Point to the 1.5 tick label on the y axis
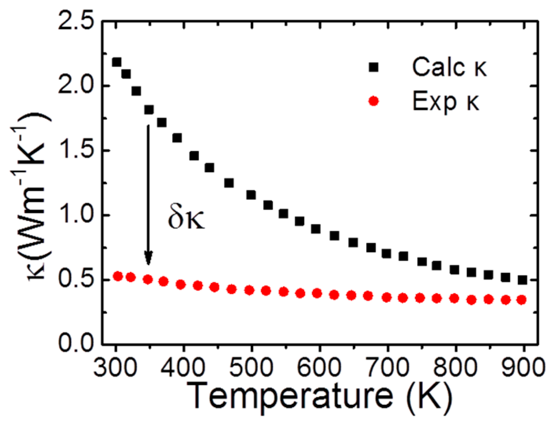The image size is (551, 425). pyautogui.click(x=76, y=150)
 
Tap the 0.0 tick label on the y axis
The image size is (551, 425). pyautogui.click(x=76, y=343)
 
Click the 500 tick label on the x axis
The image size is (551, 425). pyautogui.click(x=251, y=368)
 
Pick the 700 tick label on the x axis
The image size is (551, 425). pyautogui.click(x=387, y=368)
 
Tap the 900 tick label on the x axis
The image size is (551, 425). pyautogui.click(x=522, y=368)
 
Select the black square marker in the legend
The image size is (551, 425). pyautogui.click(x=373, y=68)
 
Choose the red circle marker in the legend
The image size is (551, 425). pyautogui.click(x=373, y=101)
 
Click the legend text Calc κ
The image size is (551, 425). pyautogui.click(x=449, y=67)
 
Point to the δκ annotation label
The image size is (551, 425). pyautogui.click(x=186, y=218)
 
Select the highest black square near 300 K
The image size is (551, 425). pyautogui.click(x=117, y=62)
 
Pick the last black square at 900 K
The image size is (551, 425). pyautogui.click(x=522, y=280)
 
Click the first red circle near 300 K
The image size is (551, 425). pyautogui.click(x=118, y=276)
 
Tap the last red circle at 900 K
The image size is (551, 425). pyautogui.click(x=522, y=300)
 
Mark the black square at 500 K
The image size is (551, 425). pyautogui.click(x=251, y=195)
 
